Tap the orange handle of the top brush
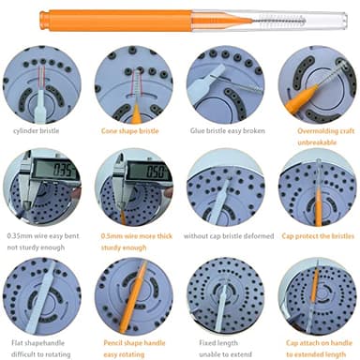tap(141, 17)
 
